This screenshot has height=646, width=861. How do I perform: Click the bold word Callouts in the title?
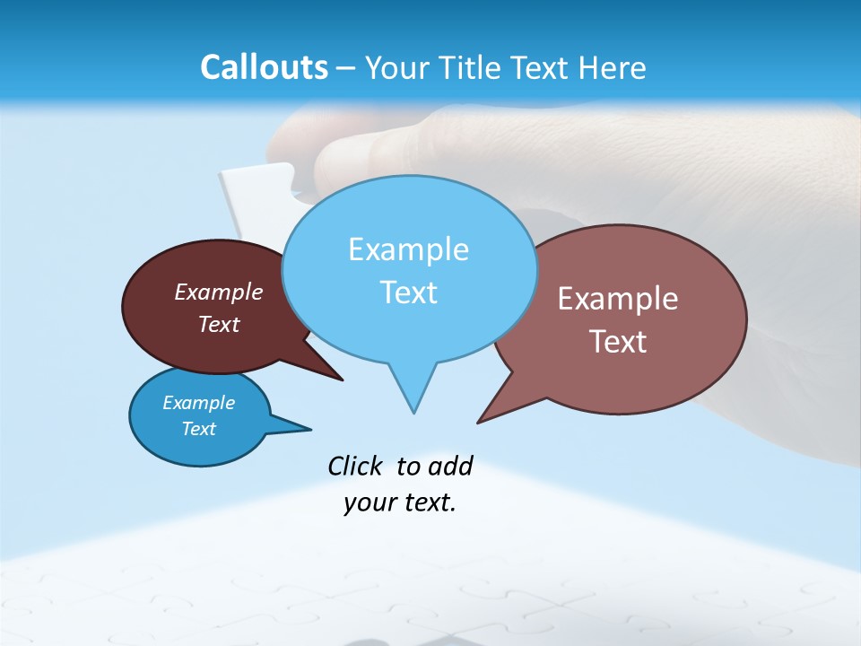264,67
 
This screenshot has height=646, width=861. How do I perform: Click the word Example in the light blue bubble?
408,249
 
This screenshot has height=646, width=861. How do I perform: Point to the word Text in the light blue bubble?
408,292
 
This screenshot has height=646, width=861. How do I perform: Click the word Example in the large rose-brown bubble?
618,299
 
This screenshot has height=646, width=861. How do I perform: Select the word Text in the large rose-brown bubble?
618,342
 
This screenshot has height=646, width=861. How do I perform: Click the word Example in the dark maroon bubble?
219,292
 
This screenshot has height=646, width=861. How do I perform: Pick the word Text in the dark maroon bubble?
219,324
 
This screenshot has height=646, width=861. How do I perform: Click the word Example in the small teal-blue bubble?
198,403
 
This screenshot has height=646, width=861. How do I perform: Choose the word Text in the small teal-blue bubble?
198,429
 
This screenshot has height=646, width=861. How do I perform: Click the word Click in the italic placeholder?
355,466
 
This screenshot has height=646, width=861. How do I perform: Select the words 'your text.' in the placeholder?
400,502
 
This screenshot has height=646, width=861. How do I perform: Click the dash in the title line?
346,67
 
